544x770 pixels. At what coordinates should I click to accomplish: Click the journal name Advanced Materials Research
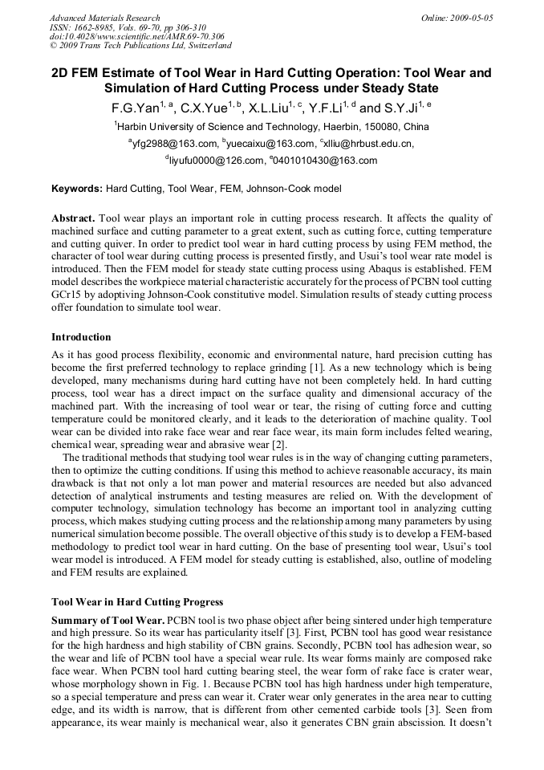pos(104,18)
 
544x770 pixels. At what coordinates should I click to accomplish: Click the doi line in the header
pos(136,37)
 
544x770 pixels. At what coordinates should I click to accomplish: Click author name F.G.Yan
pos(136,108)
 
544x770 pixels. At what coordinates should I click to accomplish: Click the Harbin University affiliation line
pos(271,127)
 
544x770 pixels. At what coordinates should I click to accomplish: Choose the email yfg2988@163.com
pos(174,144)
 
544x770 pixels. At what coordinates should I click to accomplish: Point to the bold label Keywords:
pos(77,189)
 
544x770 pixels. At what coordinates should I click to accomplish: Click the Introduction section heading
pos(81,337)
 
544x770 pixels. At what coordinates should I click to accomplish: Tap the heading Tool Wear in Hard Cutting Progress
pos(137,602)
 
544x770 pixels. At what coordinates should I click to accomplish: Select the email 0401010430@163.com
pos(325,161)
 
